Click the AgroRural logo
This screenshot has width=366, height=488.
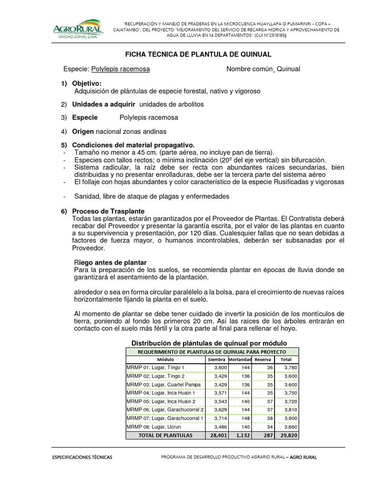77,29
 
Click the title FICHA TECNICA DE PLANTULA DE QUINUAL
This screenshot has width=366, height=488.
198,54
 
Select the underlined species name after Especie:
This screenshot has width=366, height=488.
120,69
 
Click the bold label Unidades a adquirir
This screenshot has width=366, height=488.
103,104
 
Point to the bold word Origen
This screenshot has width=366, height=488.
83,132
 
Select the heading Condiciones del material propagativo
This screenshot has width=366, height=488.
133,145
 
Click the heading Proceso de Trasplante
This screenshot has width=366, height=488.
108,211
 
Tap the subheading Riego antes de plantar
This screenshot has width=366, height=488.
110,263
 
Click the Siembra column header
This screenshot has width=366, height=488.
216,359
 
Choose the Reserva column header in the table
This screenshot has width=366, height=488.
264,359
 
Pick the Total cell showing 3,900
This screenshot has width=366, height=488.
287,418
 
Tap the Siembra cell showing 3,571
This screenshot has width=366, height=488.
218,393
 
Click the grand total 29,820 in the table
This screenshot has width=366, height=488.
287,435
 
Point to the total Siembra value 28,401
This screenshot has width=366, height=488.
217,435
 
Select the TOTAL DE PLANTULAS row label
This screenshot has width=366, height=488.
165,435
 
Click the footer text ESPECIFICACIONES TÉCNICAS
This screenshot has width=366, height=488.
82,457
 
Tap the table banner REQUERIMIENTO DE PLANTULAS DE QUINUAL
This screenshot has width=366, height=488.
206,351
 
